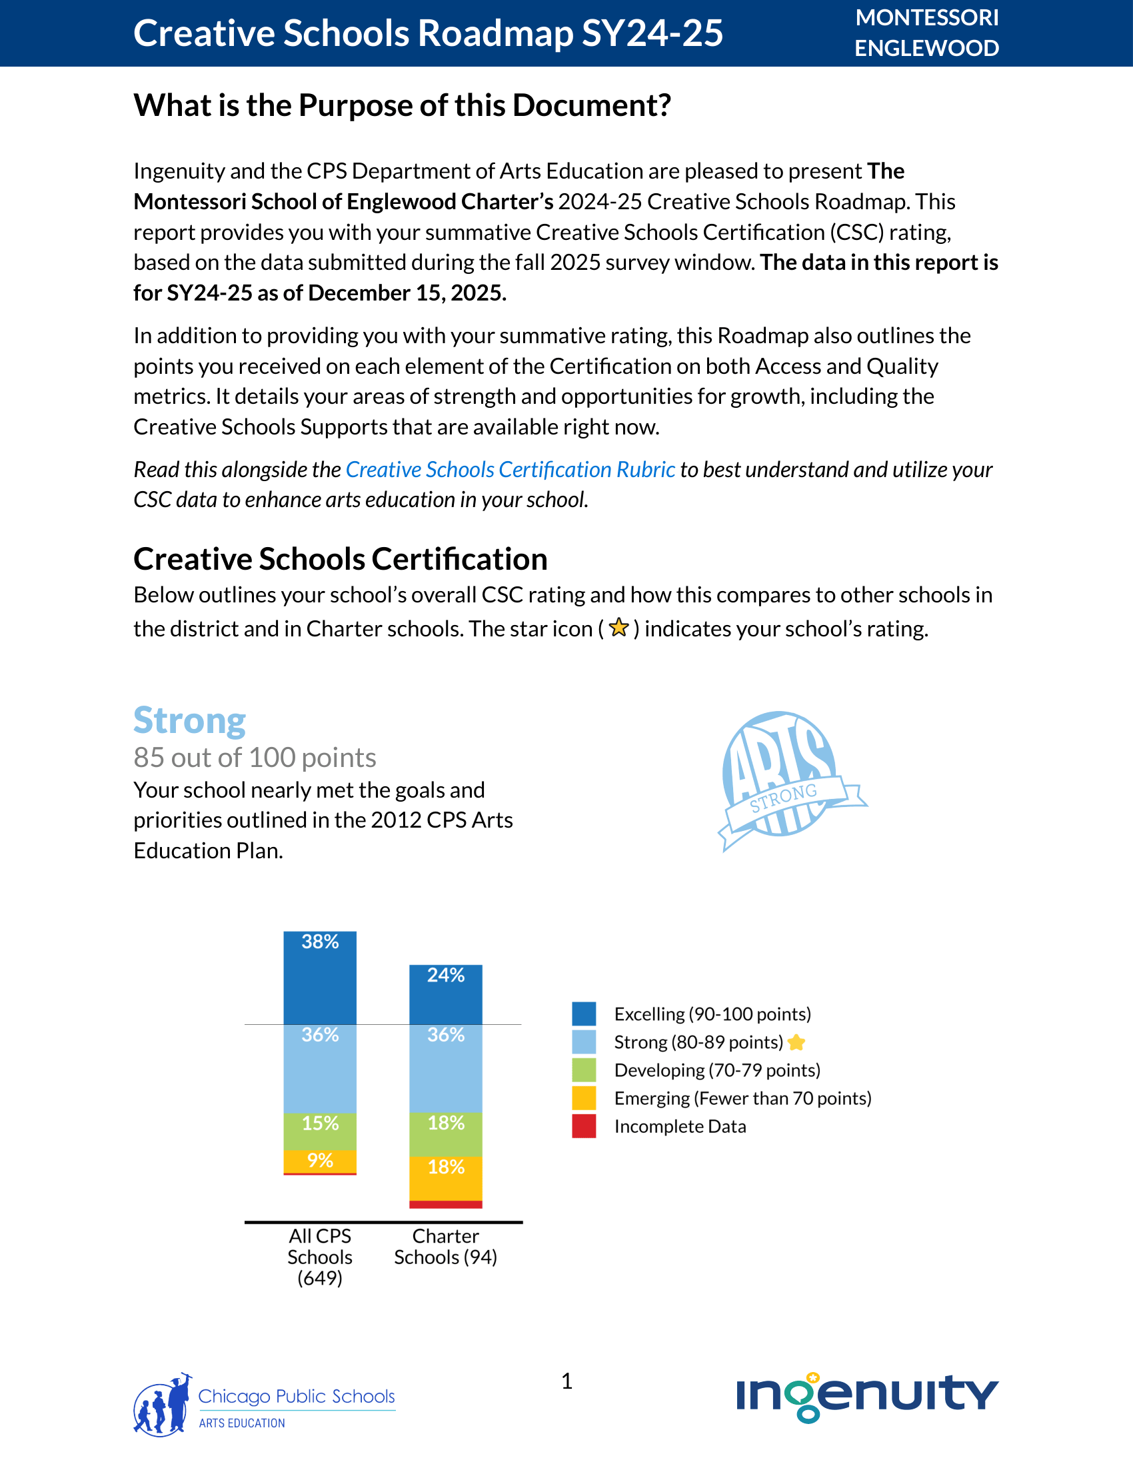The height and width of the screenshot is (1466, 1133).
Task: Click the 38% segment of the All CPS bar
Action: tap(320, 978)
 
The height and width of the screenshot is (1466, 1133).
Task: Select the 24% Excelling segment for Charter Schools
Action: tap(446, 994)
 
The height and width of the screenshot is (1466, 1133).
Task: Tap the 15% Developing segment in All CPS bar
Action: tap(320, 1131)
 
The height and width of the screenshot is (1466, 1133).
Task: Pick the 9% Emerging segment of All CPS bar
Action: tap(320, 1161)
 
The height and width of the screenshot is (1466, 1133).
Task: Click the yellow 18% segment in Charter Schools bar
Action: tap(446, 1178)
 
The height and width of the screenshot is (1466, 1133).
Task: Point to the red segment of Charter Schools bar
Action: tap(446, 1204)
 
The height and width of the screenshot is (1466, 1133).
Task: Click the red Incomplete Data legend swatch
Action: tap(584, 1126)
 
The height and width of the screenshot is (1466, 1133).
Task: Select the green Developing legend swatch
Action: tap(584, 1070)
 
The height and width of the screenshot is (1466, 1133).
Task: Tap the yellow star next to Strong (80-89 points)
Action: tap(796, 1042)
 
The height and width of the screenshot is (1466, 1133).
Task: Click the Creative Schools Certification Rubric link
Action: tap(510, 470)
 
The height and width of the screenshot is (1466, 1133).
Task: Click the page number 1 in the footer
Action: tap(566, 1381)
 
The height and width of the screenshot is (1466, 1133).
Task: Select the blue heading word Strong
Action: tap(190, 721)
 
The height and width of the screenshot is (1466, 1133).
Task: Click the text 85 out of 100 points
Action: tap(255, 758)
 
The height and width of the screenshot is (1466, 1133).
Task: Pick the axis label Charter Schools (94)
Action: tap(446, 1247)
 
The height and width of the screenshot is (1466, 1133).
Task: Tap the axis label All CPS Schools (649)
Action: tap(320, 1257)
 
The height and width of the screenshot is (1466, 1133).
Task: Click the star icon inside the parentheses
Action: tap(619, 628)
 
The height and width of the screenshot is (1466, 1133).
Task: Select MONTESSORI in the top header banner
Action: tap(927, 18)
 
